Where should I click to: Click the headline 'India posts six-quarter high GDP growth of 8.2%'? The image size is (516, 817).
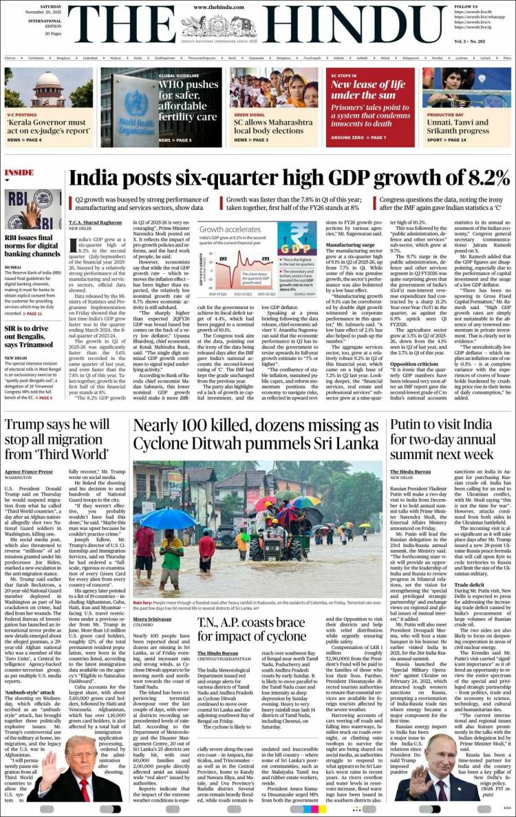[x=289, y=178]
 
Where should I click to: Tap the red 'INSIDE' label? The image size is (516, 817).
[x=19, y=172]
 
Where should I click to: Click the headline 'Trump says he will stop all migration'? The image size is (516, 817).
[x=56, y=439]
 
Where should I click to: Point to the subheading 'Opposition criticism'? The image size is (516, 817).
[x=418, y=363]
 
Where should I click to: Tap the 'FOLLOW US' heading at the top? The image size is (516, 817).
[x=466, y=6]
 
